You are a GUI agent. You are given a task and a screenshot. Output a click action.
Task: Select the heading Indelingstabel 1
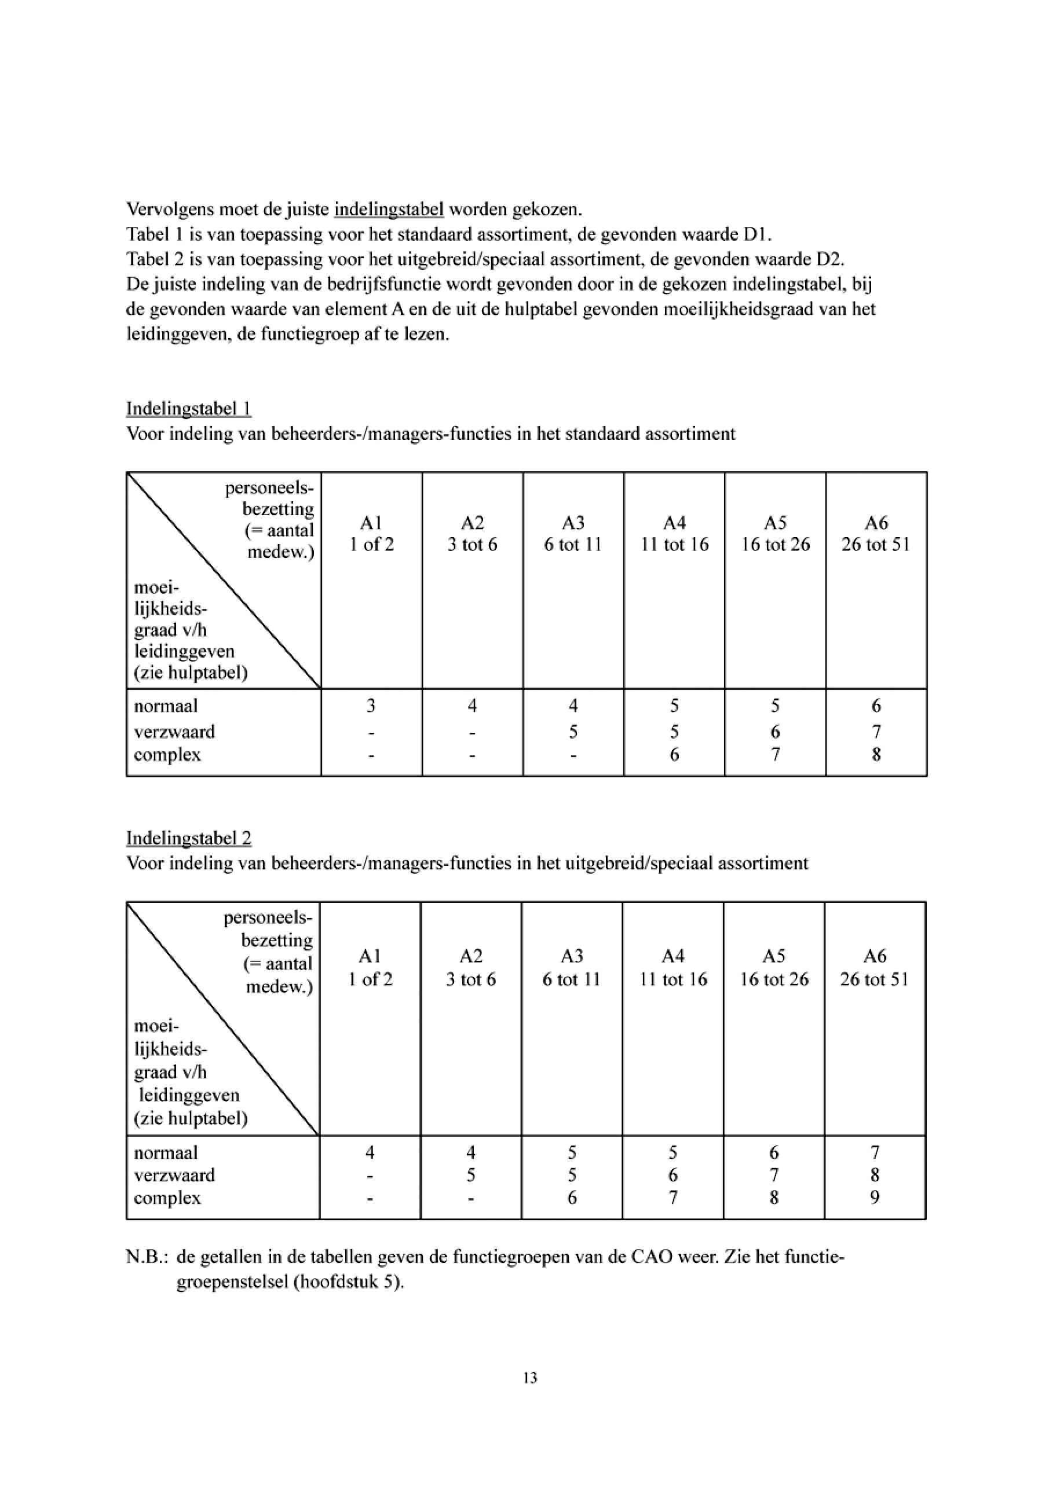tap(189, 409)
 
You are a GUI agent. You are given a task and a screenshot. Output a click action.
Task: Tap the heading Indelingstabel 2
tap(189, 838)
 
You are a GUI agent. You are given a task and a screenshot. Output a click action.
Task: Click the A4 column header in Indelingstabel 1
tap(674, 523)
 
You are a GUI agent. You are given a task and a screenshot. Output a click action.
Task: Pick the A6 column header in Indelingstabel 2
tap(875, 956)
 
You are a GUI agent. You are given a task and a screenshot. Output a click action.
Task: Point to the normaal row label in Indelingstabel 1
tap(166, 706)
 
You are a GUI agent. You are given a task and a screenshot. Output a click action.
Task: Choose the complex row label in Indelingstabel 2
tap(167, 1198)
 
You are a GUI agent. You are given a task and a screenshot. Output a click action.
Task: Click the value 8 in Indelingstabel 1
tap(876, 755)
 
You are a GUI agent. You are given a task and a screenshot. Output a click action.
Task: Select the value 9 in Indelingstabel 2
tap(875, 1198)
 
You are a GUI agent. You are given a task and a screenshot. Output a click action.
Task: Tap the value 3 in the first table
tap(371, 706)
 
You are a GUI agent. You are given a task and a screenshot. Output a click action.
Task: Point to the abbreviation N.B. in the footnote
tap(148, 1257)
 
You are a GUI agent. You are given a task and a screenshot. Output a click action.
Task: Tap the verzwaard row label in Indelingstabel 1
tap(174, 732)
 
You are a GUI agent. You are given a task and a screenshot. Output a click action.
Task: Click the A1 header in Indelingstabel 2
tap(370, 956)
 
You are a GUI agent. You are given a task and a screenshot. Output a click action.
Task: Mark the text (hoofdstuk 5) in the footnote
tap(348, 1282)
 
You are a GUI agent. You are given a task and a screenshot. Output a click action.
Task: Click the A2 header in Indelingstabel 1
tap(472, 523)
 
